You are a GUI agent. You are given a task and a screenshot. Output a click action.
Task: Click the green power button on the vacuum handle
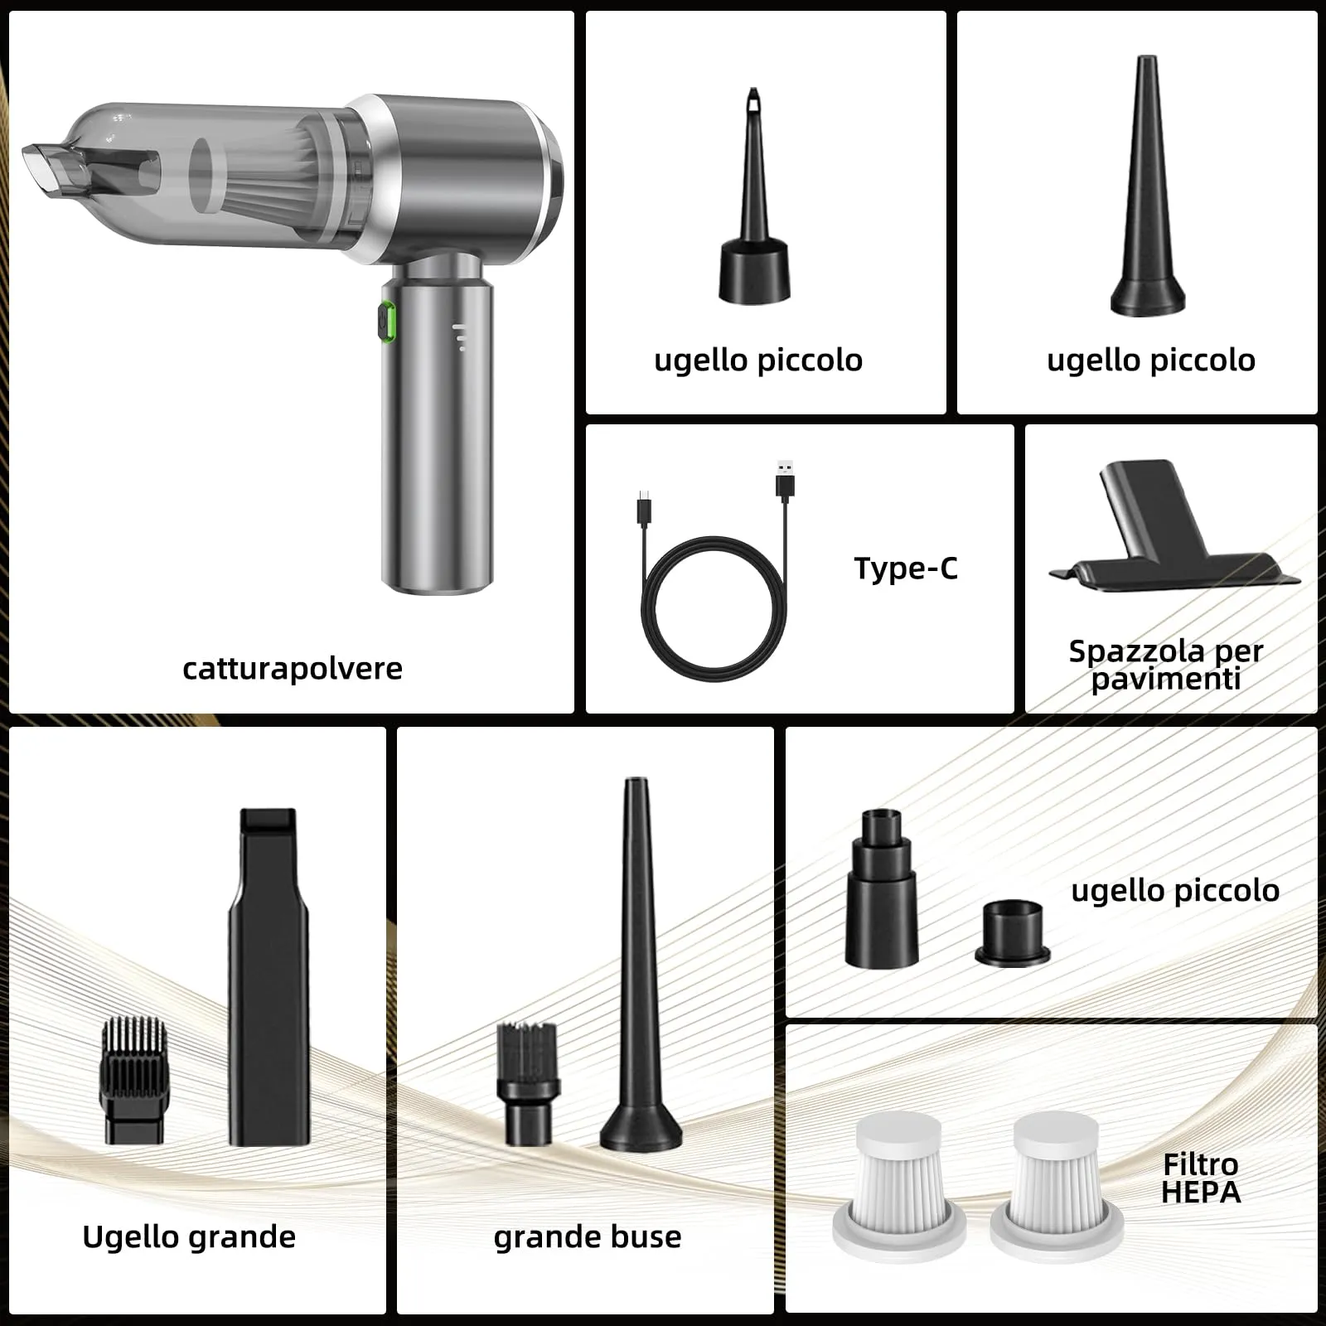click(x=386, y=322)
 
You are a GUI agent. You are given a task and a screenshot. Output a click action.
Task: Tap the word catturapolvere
click(x=293, y=668)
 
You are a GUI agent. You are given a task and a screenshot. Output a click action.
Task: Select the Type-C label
click(x=906, y=569)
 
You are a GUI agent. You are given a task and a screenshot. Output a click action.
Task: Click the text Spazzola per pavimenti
click(x=1166, y=665)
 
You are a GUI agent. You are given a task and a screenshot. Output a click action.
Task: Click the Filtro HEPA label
click(x=1201, y=1178)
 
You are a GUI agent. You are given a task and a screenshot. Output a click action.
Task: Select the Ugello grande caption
click(x=189, y=1236)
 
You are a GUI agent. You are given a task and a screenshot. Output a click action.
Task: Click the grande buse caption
click(x=588, y=1236)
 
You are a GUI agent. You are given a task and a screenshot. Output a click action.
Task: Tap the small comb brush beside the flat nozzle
click(x=134, y=1081)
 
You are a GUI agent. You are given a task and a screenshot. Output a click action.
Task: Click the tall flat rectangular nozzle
click(x=269, y=978)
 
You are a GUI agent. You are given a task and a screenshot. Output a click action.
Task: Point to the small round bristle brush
click(x=527, y=1084)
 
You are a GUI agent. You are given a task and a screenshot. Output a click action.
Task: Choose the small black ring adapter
click(x=1013, y=933)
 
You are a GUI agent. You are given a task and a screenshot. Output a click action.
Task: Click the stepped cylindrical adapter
click(x=882, y=888)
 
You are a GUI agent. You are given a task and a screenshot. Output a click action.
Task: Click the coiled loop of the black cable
click(x=714, y=609)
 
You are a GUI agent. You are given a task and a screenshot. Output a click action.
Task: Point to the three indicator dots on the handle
click(x=460, y=338)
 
